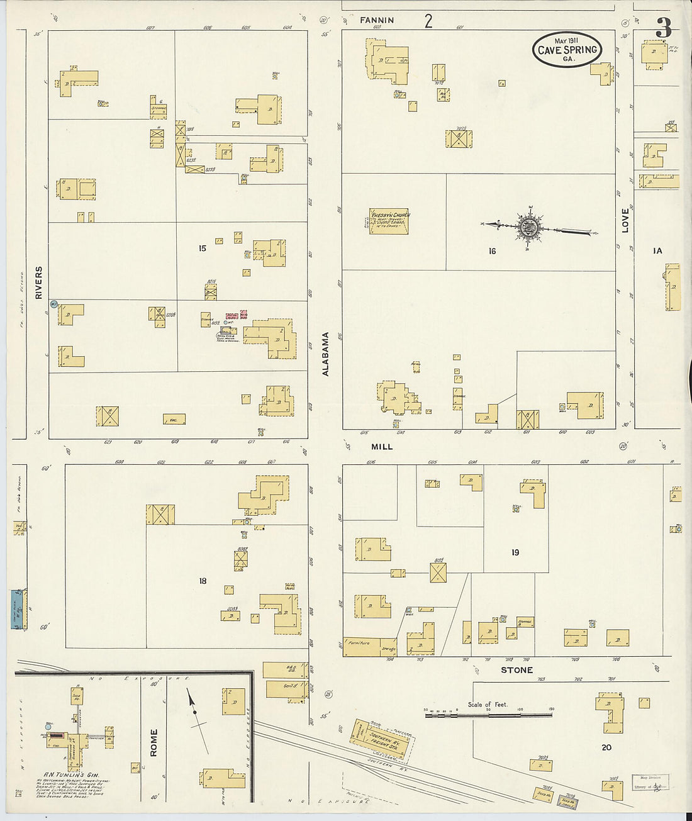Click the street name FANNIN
(377, 20)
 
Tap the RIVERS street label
(39, 282)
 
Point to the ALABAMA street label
(326, 354)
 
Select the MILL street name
(382, 447)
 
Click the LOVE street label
(625, 221)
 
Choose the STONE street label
(516, 671)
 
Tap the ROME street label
(154, 742)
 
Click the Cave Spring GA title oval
(567, 49)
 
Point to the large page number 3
(663, 28)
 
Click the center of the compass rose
(527, 227)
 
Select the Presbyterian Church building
(389, 221)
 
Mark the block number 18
(203, 581)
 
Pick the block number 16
(492, 251)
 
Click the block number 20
(606, 747)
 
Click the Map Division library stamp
(650, 782)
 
